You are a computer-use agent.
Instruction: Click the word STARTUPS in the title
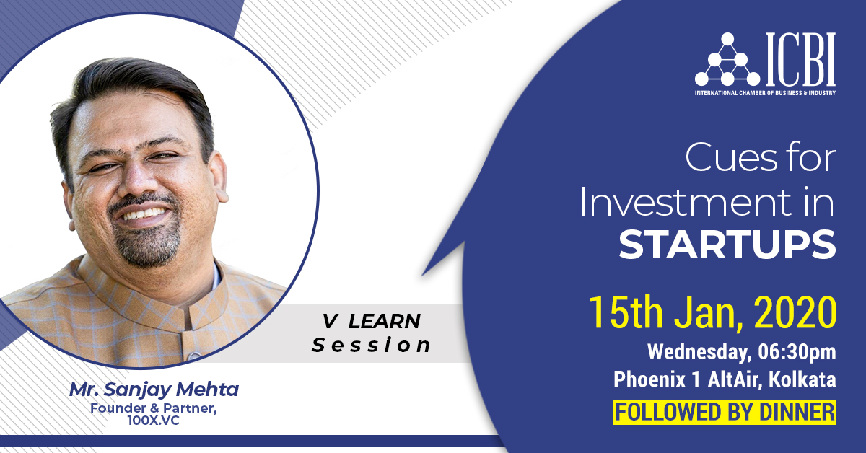(727, 245)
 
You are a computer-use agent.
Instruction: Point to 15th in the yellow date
(626, 312)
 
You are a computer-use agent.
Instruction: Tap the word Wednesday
(699, 353)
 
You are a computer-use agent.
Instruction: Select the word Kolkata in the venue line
(802, 379)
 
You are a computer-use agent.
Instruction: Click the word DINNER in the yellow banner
(797, 412)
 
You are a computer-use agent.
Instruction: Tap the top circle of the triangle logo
(727, 39)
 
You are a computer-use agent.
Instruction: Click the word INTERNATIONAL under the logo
(716, 93)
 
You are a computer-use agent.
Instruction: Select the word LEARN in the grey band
(384, 321)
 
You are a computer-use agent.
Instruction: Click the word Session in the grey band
(371, 346)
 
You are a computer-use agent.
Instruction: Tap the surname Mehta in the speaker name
(207, 389)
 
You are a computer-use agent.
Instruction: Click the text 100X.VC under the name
(154, 421)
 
